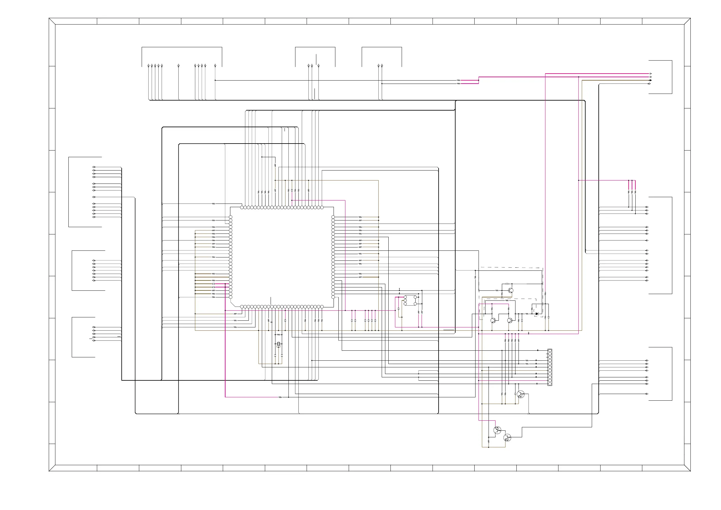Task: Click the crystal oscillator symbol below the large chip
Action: coord(278,345)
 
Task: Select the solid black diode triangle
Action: coord(537,314)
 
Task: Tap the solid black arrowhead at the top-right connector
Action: coord(650,80)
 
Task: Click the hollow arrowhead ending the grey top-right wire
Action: coord(650,84)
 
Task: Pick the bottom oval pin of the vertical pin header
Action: coord(550,384)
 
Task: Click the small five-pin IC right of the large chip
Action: coord(410,300)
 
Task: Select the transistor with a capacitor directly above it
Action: coord(510,290)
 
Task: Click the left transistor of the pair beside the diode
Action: coord(493,320)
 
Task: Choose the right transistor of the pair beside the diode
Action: coord(510,320)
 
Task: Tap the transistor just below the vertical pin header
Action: coord(521,394)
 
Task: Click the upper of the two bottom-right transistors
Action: coord(497,430)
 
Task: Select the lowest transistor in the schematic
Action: coord(507,437)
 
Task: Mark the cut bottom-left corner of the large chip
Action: coord(232,305)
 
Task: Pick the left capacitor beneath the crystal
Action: coord(275,356)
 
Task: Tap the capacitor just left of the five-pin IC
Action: coord(399,309)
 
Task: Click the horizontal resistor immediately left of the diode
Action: coord(527,314)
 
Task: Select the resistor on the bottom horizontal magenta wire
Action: coord(280,397)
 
